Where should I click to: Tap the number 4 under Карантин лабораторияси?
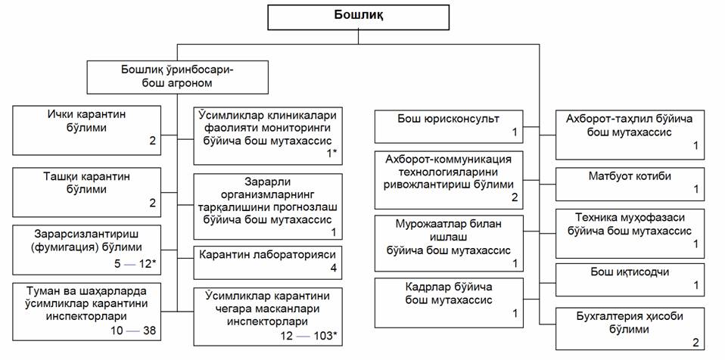click(331, 268)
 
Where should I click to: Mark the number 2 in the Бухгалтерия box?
click(695, 341)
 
